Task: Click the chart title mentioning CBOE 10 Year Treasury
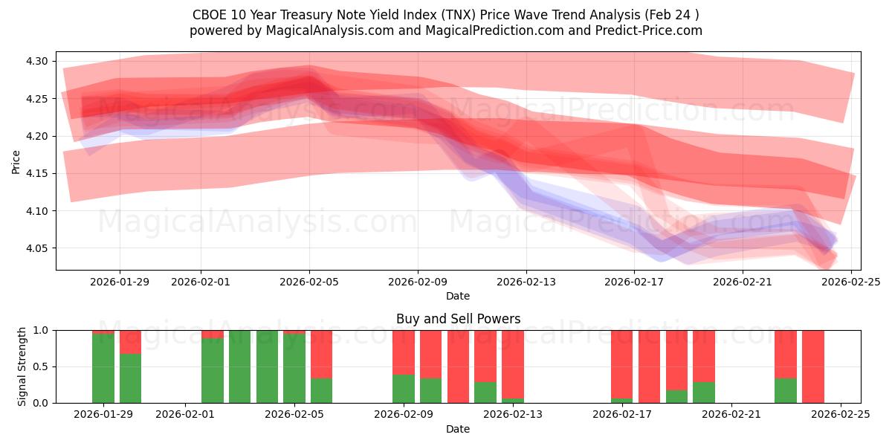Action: [445, 15]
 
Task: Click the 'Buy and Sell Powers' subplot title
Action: [458, 319]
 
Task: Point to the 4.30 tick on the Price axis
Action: [36, 61]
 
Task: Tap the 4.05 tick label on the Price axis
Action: [36, 248]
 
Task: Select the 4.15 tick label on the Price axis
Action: [36, 173]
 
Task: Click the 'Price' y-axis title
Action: [16, 161]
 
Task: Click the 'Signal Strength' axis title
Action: [22, 366]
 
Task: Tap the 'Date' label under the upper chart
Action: [458, 296]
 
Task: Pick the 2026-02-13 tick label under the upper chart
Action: [526, 282]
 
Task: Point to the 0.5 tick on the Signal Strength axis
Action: [42, 366]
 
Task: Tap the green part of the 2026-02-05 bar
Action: [294, 368]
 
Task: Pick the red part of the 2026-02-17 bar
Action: [622, 364]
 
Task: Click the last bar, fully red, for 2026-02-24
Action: [813, 366]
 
